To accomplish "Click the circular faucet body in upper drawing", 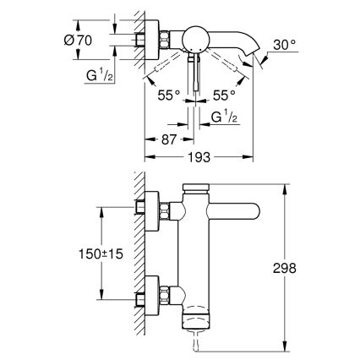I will click(x=199, y=40).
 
